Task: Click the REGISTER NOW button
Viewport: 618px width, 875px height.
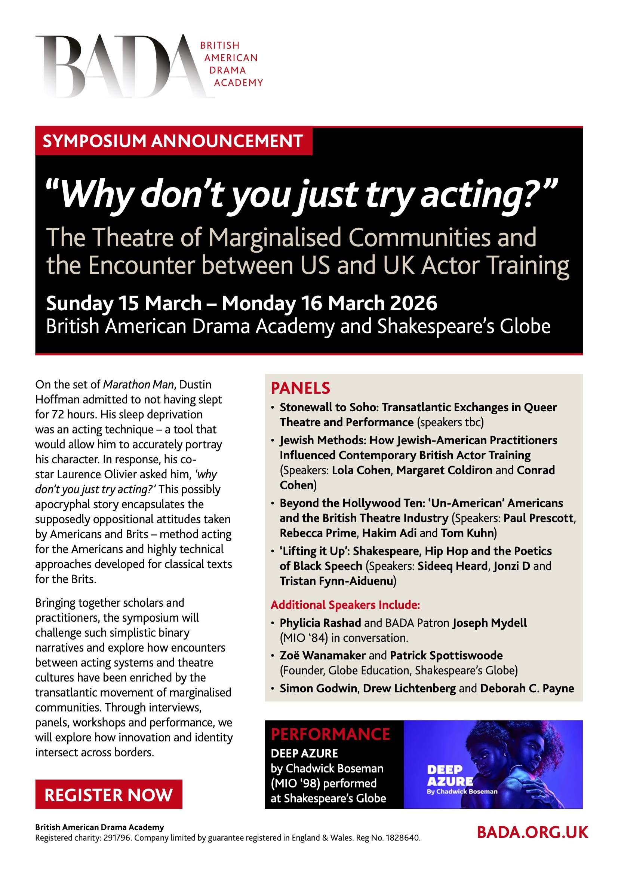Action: click(108, 795)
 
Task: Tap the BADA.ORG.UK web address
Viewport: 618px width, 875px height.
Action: click(532, 832)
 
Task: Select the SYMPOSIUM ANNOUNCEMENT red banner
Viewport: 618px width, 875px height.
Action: click(173, 141)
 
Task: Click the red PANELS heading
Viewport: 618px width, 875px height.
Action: click(301, 388)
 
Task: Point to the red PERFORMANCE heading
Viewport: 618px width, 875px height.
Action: click(330, 734)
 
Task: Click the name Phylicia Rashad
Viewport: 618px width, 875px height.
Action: click(320, 623)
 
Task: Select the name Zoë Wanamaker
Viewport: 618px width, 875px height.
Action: click(323, 655)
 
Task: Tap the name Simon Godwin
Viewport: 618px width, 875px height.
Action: click(318, 688)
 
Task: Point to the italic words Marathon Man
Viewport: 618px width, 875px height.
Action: click(139, 384)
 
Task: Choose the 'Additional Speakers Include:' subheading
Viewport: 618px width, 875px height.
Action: click(345, 605)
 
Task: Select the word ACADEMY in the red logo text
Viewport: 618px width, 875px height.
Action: click(239, 83)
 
